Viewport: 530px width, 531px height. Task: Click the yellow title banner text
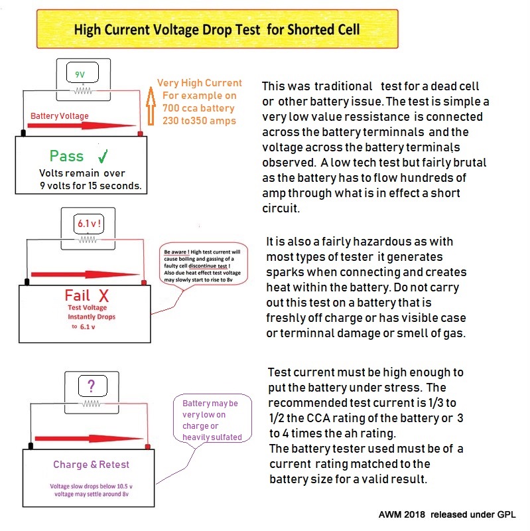pos(216,29)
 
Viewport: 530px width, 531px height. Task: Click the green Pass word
pos(66,157)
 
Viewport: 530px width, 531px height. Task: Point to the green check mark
pos(103,157)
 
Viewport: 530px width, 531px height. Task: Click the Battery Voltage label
pos(60,116)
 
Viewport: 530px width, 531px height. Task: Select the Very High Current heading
pos(199,84)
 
